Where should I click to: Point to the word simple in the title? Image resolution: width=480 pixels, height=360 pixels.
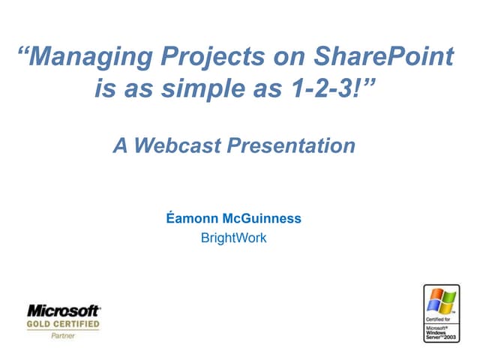pyautogui.click(x=194, y=91)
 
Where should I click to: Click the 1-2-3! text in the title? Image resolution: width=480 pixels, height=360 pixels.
pyautogui.click(x=325, y=91)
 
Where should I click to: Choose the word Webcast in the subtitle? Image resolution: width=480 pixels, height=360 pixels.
pyautogui.click(x=175, y=145)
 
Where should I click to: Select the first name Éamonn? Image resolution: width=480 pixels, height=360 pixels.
pyautogui.click(x=190, y=219)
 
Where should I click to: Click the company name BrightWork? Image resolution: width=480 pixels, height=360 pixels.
pyautogui.click(x=233, y=238)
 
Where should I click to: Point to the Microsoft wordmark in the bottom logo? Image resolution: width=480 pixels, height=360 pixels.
pyautogui.click(x=64, y=310)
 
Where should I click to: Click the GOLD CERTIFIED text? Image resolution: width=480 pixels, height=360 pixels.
pyautogui.click(x=64, y=324)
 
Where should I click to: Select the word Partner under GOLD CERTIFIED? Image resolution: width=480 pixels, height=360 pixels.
pyautogui.click(x=63, y=335)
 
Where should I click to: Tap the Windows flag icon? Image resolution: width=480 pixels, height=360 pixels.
pyautogui.click(x=441, y=301)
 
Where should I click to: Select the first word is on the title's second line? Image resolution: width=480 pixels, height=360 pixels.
pyautogui.click(x=106, y=91)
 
